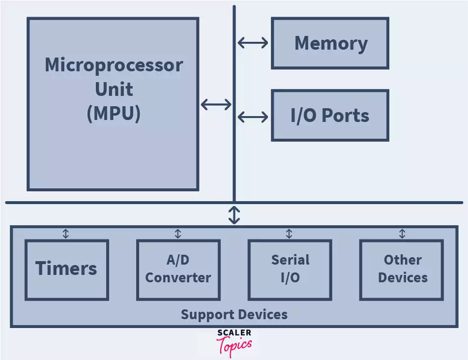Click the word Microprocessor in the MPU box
tap(114, 65)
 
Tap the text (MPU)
tap(114, 113)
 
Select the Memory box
tap(330, 43)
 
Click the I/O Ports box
tap(330, 116)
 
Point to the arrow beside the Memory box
tap(253, 43)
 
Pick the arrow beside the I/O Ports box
tap(253, 117)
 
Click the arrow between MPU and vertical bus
tap(216, 104)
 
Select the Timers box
tap(66, 269)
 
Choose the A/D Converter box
tap(178, 269)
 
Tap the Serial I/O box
tap(290, 269)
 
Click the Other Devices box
tap(402, 269)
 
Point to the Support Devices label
tap(234, 314)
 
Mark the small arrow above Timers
tap(66, 234)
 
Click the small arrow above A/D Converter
tap(178, 234)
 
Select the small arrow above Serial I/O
tap(290, 234)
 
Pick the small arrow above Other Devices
tap(402, 234)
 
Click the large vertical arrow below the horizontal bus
tap(234, 215)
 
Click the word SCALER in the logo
tap(234, 333)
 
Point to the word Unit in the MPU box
tap(114, 89)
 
